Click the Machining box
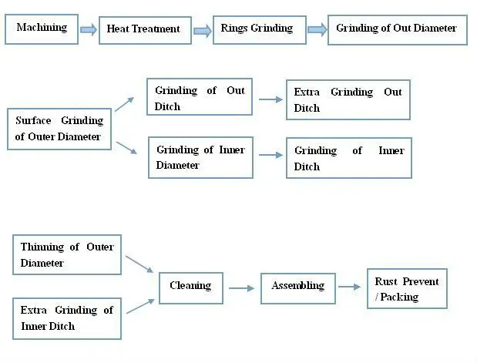point(42,29)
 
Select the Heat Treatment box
point(143,29)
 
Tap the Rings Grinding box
point(257,29)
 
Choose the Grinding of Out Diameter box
point(397,29)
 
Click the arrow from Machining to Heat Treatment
point(89,29)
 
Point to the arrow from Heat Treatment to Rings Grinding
point(202,30)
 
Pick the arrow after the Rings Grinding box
point(317,29)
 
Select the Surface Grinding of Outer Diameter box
point(59,129)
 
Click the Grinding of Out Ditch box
point(200,99)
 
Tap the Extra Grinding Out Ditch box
point(348,99)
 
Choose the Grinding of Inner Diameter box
point(200,157)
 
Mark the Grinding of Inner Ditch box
point(348,158)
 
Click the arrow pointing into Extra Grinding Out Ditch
point(270,99)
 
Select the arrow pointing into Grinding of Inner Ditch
point(270,156)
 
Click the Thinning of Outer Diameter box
point(67,254)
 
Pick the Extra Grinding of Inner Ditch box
point(67,318)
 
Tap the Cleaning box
point(190,287)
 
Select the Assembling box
point(297,286)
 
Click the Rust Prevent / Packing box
point(406,289)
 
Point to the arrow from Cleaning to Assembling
point(241,288)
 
